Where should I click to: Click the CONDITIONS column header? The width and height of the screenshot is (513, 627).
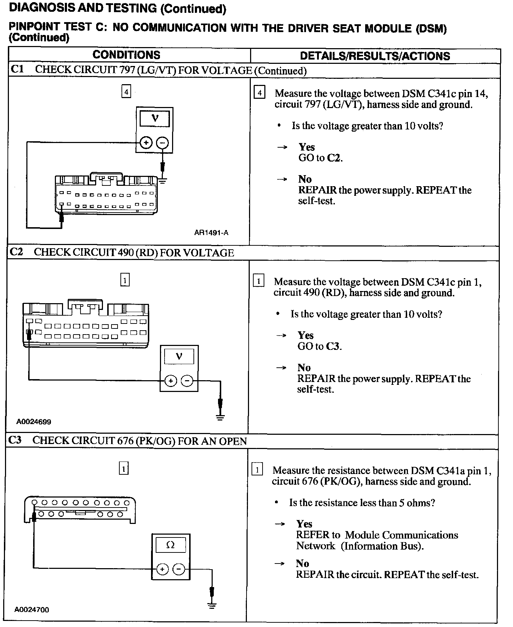(126, 55)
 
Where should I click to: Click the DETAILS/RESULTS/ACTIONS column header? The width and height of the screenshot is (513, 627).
(375, 56)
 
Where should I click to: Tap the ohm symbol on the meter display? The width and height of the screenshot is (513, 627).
(170, 545)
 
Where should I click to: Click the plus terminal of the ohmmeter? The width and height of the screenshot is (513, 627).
(162, 569)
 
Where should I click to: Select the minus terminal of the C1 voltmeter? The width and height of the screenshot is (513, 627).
(162, 143)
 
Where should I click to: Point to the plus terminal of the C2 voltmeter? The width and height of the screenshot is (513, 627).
(171, 381)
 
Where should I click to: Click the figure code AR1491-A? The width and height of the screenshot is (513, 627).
(211, 233)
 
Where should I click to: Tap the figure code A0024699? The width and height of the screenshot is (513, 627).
(33, 422)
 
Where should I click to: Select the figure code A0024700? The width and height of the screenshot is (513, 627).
(32, 610)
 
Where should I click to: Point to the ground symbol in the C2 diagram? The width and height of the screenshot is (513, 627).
(221, 417)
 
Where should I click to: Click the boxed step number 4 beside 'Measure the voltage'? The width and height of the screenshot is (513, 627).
(259, 93)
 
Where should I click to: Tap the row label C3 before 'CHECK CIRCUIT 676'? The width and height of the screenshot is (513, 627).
(15, 440)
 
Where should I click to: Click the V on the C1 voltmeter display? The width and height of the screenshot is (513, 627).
(155, 118)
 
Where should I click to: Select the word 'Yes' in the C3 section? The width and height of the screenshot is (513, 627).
(304, 524)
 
